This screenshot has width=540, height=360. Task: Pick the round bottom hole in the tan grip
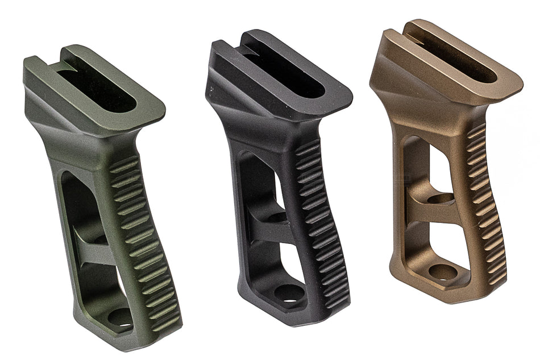point(442,271)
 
